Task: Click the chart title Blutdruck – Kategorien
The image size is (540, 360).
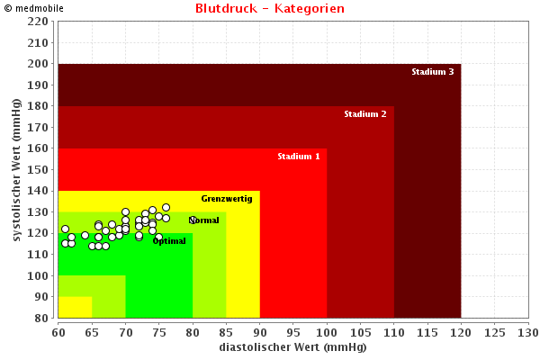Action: coord(269,9)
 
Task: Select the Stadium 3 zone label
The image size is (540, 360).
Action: coord(433,72)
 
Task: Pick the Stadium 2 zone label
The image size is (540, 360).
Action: coord(365,114)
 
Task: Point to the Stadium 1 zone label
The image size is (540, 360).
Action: coord(298,157)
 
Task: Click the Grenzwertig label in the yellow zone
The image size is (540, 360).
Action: coord(227,199)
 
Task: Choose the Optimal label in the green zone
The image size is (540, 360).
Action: coord(169,241)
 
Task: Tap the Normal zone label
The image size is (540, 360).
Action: coord(205,220)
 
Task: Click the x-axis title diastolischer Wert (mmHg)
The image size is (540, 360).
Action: coord(292,347)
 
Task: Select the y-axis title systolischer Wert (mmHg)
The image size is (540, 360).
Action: coord(17,182)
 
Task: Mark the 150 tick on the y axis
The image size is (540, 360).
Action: coord(39,170)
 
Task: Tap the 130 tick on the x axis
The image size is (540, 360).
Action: coord(527,332)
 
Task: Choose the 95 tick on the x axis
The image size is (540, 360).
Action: coord(293,332)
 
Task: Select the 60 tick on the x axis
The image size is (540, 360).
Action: coord(58,332)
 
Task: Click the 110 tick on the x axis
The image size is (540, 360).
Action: coord(393,332)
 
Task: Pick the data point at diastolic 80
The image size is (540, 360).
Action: coord(193,220)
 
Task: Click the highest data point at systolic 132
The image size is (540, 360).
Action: coord(166,208)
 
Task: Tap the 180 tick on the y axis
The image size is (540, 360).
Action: coord(39,106)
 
